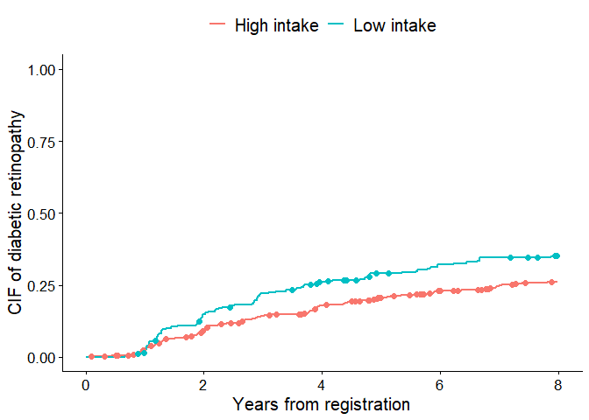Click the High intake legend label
pyautogui.click(x=276, y=25)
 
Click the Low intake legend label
pyautogui.click(x=394, y=25)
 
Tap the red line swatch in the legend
pyautogui.click(x=217, y=25)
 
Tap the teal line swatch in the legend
pyautogui.click(x=337, y=25)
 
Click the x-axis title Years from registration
pyautogui.click(x=322, y=405)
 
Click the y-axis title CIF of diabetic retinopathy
pyautogui.click(x=16, y=213)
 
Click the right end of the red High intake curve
pyautogui.click(x=556, y=282)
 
